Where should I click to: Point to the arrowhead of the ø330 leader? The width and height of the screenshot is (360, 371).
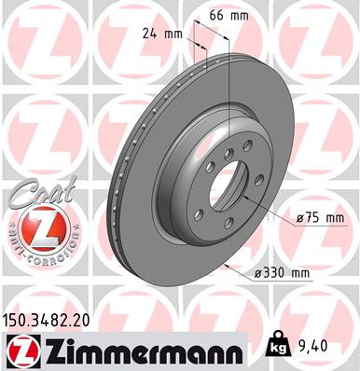pyautogui.click(x=227, y=267)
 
